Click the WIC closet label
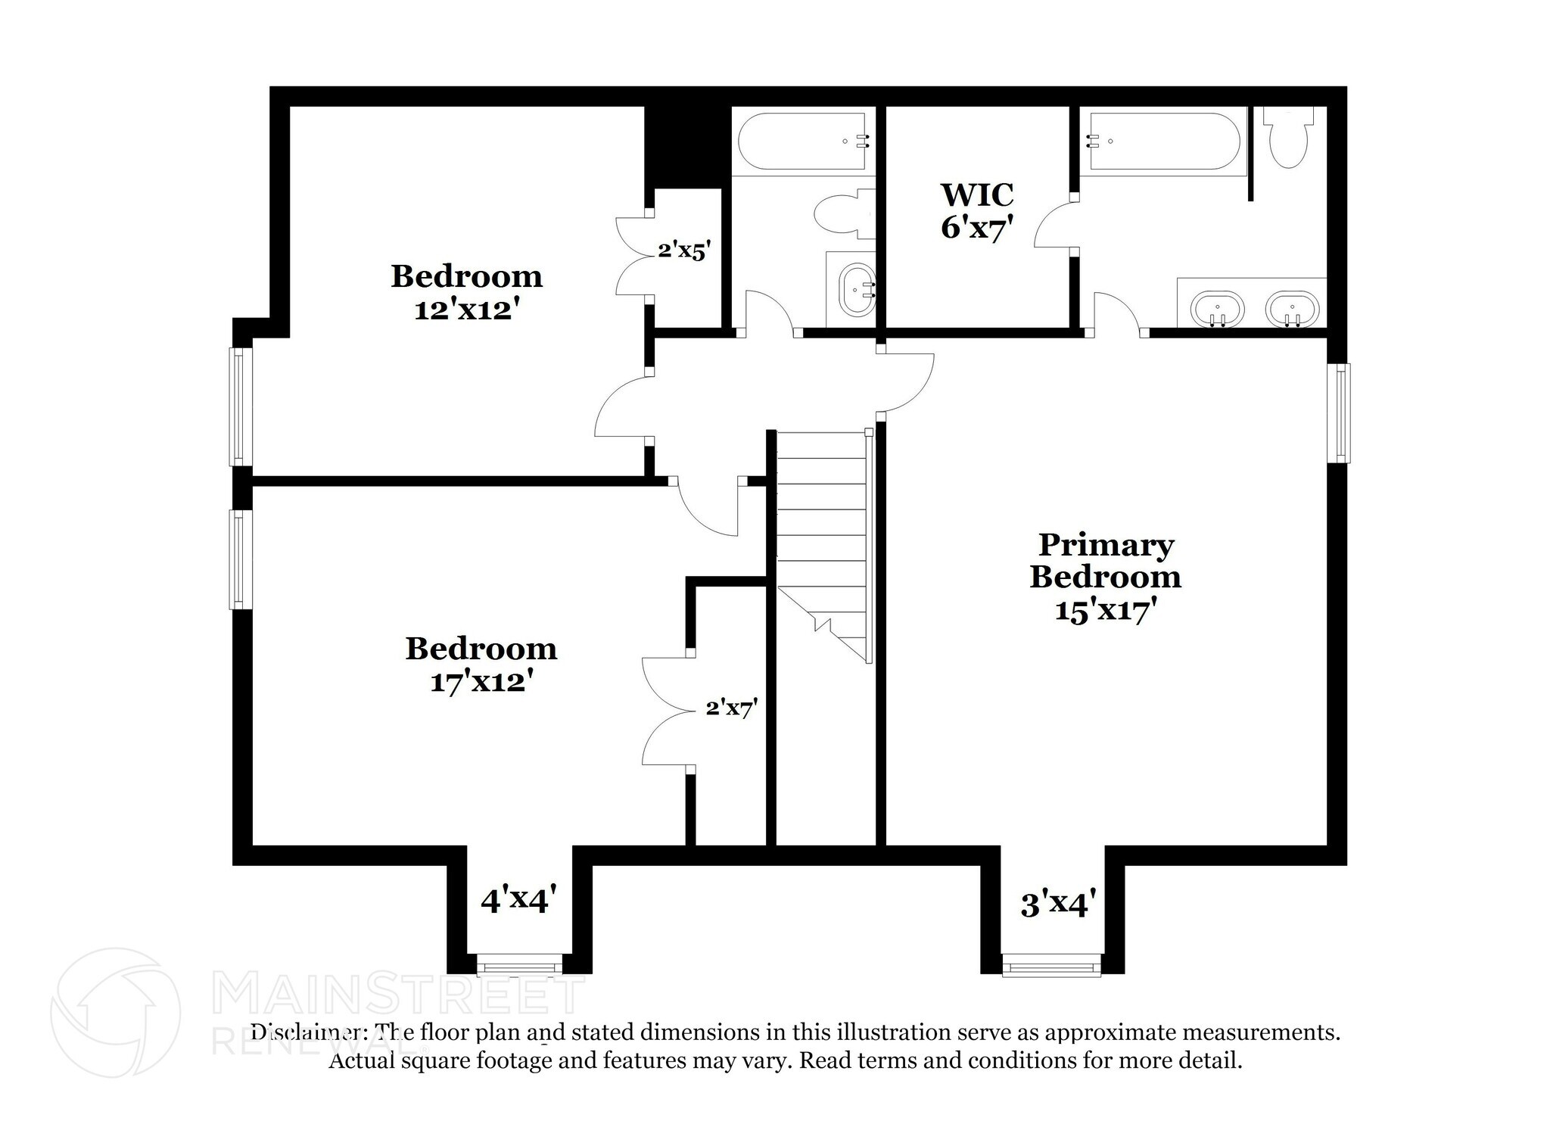tap(976, 195)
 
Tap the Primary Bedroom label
tap(1105, 561)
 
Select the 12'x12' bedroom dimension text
tap(465, 310)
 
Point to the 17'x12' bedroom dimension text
tap(481, 682)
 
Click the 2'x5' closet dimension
tap(684, 249)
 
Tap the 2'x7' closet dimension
tap(731, 708)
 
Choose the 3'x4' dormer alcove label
tap(1058, 904)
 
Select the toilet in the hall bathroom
tap(840, 214)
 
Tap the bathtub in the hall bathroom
tap(802, 142)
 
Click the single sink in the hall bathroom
tap(858, 288)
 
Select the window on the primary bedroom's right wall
tap(1343, 413)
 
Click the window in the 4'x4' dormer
tap(519, 965)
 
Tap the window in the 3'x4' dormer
tap(1052, 965)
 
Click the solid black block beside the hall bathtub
tap(686, 145)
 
